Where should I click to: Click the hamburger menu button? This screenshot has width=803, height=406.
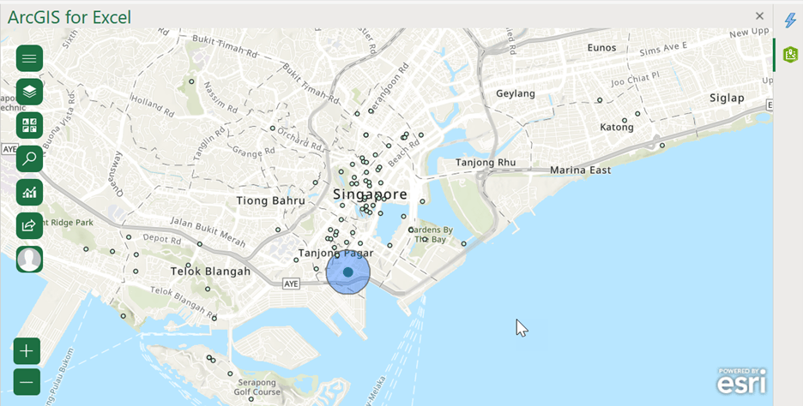pos(29,58)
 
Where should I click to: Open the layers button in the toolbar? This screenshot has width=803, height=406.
pos(29,92)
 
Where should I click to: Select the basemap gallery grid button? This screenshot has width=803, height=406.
pos(29,125)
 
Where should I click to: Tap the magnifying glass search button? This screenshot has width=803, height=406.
pos(29,158)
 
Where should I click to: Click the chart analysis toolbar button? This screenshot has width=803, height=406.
pos(29,192)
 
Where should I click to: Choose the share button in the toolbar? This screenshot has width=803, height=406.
pos(29,225)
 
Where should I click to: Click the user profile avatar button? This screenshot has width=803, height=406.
pos(29,259)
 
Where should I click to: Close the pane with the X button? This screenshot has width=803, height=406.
pos(759,15)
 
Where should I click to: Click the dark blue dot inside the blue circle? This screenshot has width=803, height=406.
pos(347,272)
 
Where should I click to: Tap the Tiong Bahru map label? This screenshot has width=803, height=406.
pos(270,201)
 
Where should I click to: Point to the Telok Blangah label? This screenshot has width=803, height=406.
pos(210,272)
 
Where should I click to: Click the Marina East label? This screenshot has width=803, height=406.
pos(581,170)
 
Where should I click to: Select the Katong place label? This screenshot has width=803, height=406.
pos(616,128)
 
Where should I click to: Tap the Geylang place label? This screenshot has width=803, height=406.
pos(516,93)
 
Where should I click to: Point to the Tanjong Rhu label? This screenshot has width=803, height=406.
pos(486,163)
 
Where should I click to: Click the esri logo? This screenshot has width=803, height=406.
pos(741,380)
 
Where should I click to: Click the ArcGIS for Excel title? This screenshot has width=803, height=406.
pos(69,15)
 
